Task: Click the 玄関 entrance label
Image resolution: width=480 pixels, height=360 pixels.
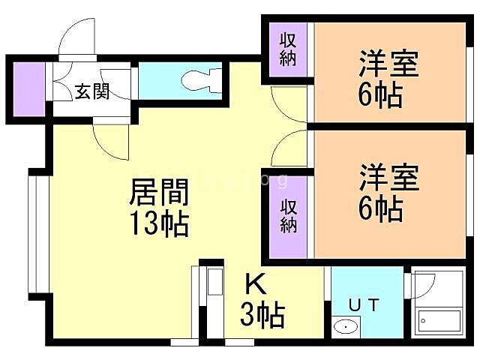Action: click(x=91, y=91)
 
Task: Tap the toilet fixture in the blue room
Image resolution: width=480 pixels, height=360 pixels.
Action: click(x=202, y=80)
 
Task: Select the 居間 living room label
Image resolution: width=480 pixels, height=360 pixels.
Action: click(x=158, y=192)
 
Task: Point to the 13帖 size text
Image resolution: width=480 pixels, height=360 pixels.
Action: click(x=159, y=223)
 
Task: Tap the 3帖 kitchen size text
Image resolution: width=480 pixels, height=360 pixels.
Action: click(x=262, y=314)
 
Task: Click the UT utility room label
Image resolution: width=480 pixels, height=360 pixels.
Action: click(x=364, y=305)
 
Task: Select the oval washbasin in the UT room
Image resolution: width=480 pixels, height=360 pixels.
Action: click(x=346, y=327)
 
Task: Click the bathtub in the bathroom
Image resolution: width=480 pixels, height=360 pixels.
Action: click(x=439, y=321)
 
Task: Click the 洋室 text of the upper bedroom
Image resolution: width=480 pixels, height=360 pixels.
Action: click(x=388, y=63)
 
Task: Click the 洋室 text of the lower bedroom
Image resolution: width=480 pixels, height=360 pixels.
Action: click(x=389, y=178)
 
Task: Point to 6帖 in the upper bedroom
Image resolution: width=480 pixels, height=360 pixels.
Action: click(x=380, y=94)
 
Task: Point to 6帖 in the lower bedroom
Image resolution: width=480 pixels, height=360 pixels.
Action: click(x=380, y=209)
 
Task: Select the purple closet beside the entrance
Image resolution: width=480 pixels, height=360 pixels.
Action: click(x=29, y=89)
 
